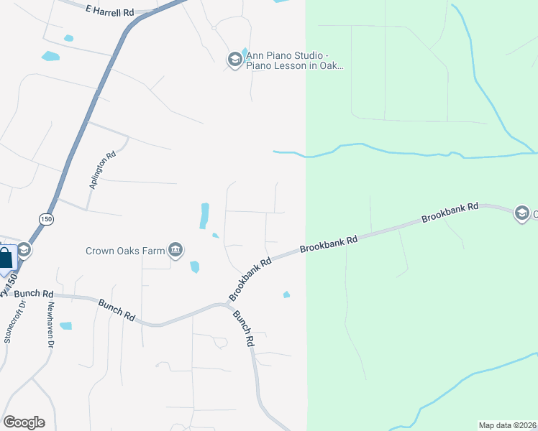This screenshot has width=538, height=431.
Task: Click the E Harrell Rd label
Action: point(109,11)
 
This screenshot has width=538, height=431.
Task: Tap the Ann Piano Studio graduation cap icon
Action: point(234,60)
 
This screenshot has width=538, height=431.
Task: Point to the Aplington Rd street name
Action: point(102,170)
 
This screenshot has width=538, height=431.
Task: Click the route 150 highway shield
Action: point(47,219)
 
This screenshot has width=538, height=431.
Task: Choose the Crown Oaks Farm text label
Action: point(125,251)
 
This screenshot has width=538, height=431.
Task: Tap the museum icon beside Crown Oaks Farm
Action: point(175,250)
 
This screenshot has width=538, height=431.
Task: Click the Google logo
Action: point(24,422)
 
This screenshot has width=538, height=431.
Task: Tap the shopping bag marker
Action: point(6,260)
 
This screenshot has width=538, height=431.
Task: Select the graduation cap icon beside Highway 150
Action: point(24,250)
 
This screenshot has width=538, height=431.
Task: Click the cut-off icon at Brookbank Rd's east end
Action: point(522,213)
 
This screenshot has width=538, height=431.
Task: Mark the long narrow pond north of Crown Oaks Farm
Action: point(204,215)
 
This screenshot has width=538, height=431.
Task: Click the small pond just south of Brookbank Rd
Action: point(286,294)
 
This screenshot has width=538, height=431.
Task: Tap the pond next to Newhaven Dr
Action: point(65,326)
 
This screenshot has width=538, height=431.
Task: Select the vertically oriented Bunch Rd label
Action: point(245,331)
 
